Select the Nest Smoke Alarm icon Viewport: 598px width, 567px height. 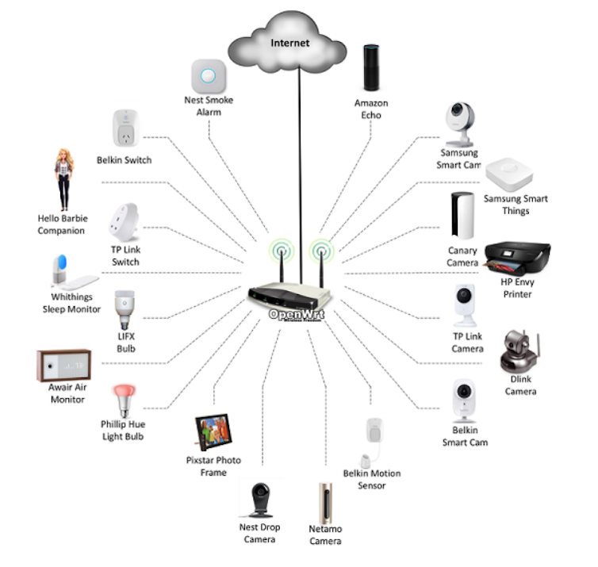209,77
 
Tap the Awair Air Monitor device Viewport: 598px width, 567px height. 66,366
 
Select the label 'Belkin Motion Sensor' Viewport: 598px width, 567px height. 372,479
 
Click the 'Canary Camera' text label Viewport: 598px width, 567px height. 462,256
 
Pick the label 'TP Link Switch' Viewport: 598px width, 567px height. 125,255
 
